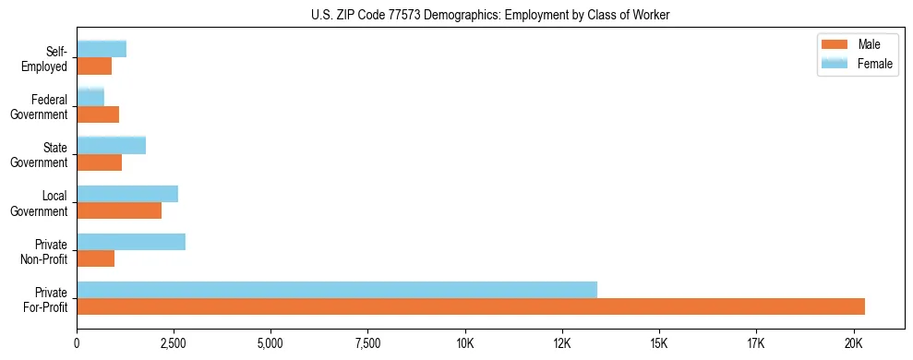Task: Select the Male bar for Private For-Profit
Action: pyautogui.click(x=471, y=306)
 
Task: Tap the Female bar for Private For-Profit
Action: pyautogui.click(x=337, y=290)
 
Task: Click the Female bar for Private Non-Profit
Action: pyautogui.click(x=131, y=242)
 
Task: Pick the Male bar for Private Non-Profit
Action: pyautogui.click(x=96, y=258)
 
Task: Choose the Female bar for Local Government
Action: pyautogui.click(x=127, y=194)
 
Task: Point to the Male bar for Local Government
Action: pyautogui.click(x=119, y=210)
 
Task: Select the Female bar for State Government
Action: pyautogui.click(x=112, y=145)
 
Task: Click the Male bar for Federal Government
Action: pyautogui.click(x=98, y=114)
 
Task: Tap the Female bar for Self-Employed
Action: pyautogui.click(x=102, y=49)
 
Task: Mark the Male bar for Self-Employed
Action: pyautogui.click(x=94, y=66)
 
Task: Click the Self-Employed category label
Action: pyautogui.click(x=47, y=58)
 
